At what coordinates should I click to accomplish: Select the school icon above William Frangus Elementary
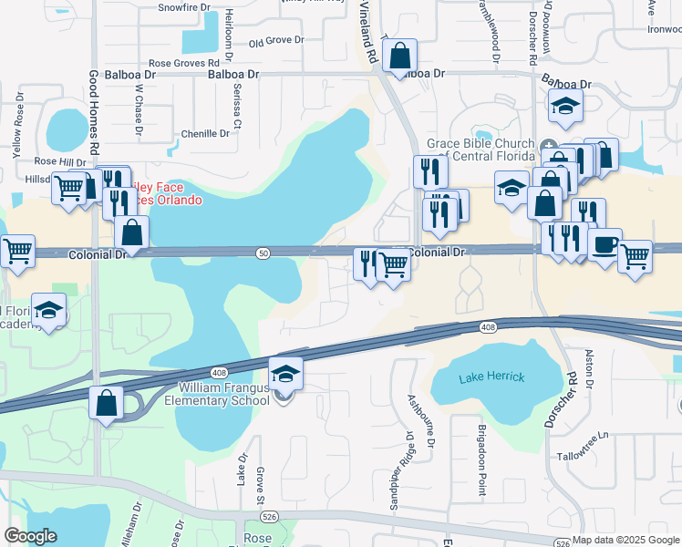[284, 374]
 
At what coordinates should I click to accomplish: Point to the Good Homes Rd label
[94, 113]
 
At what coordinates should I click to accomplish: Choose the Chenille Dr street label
[205, 133]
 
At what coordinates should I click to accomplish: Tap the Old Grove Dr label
[275, 40]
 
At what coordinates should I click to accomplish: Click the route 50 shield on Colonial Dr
[263, 253]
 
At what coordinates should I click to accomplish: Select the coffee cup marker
[604, 245]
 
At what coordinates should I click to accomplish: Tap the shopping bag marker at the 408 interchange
[107, 402]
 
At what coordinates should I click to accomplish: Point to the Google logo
[30, 536]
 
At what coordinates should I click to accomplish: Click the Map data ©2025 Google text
[625, 540]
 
